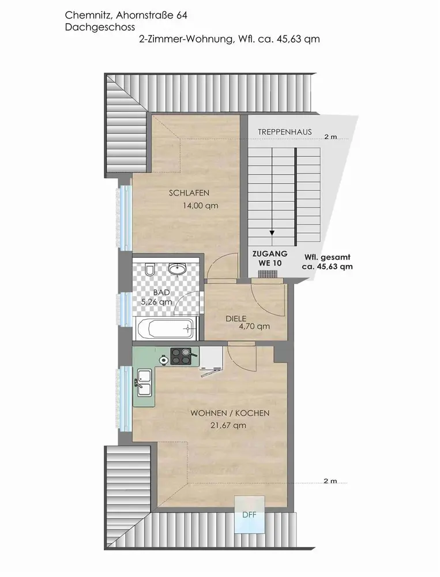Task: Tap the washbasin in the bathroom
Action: coord(177,269)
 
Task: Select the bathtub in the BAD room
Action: coord(165,329)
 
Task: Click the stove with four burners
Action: coord(181,356)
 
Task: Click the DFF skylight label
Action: coord(249,515)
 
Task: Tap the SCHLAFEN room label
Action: coord(189,193)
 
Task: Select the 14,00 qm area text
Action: coord(201,206)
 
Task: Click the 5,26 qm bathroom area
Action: coord(157,302)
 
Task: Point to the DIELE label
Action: coord(236,319)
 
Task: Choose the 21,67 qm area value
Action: coord(228,425)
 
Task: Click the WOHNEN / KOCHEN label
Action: coord(230,413)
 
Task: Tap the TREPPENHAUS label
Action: coord(285,132)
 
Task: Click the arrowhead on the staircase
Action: coord(272,233)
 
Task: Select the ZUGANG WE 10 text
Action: coord(270,258)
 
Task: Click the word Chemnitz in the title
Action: coord(89,15)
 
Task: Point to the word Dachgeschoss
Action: coord(100,27)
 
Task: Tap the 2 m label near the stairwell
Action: coord(331,137)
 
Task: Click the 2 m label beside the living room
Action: coord(330,481)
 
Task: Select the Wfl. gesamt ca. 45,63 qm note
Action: coord(328,262)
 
